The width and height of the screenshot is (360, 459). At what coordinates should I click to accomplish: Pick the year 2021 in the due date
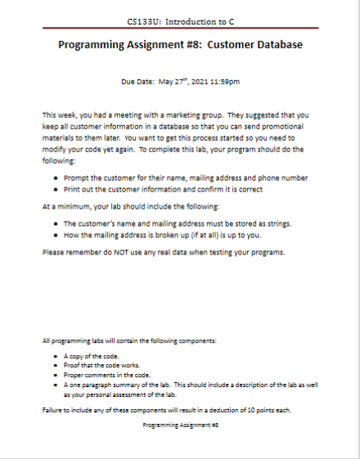tap(195, 82)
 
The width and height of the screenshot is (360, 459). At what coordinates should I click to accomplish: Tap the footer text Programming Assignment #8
tap(180, 425)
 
